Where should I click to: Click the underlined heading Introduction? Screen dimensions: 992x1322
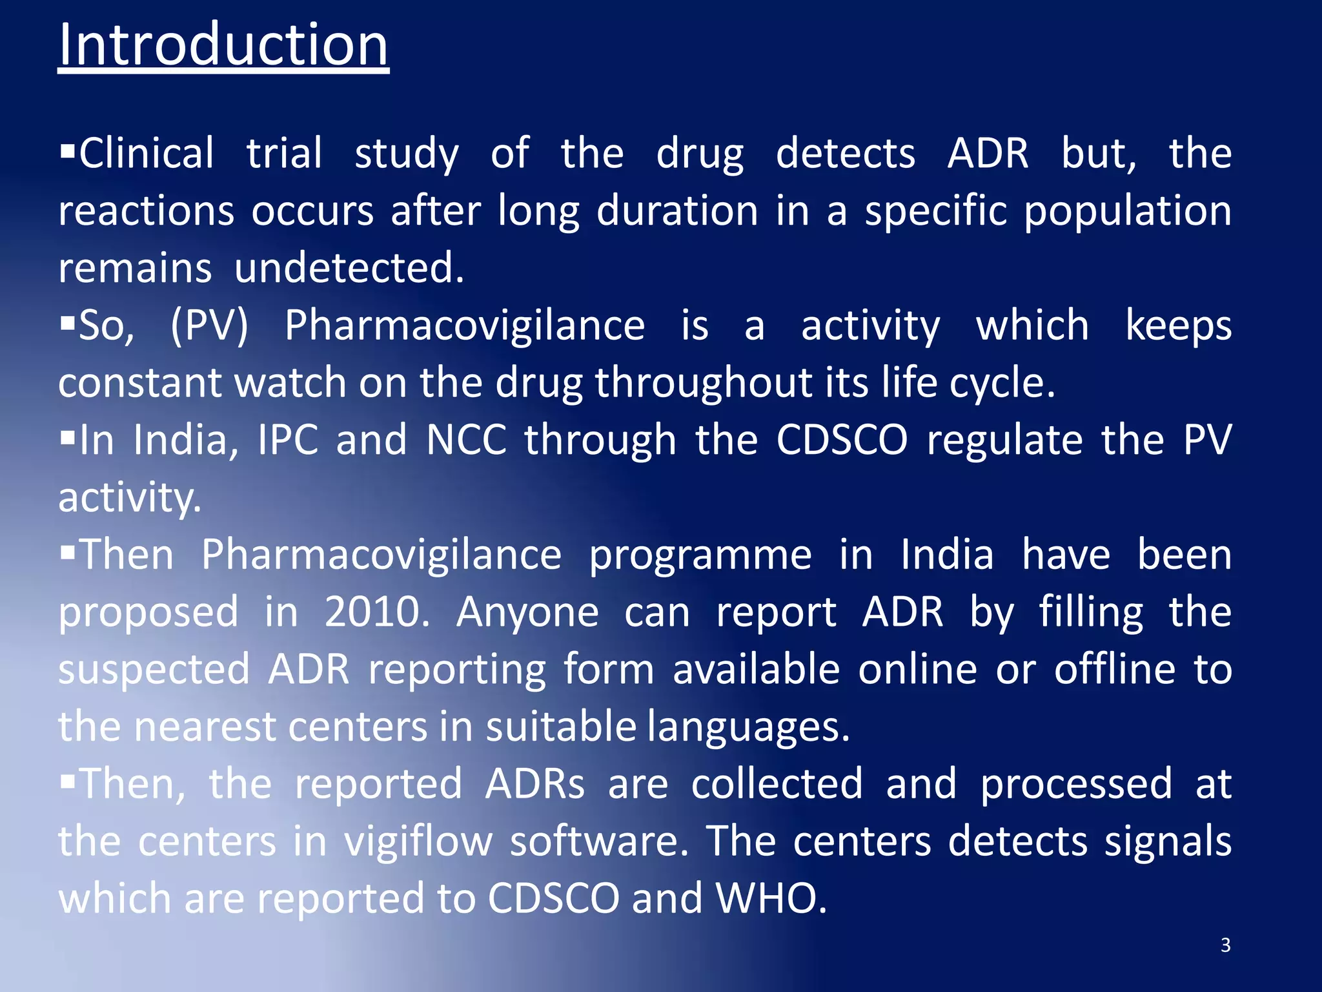coord(223,45)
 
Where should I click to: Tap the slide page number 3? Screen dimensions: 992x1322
coord(1225,945)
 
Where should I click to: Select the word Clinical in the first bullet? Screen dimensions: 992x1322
coord(146,154)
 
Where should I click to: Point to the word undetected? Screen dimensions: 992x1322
coord(349,268)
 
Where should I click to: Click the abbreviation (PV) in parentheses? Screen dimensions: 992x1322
coord(209,325)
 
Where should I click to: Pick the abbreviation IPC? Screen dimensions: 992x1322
coord(288,440)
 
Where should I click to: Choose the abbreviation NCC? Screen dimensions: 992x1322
coord(466,440)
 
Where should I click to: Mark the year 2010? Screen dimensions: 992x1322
coord(376,612)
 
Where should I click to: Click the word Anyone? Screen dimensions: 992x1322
coord(527,612)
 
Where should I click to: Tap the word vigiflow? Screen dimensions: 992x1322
coord(418,842)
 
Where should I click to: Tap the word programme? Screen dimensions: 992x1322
coord(700,555)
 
